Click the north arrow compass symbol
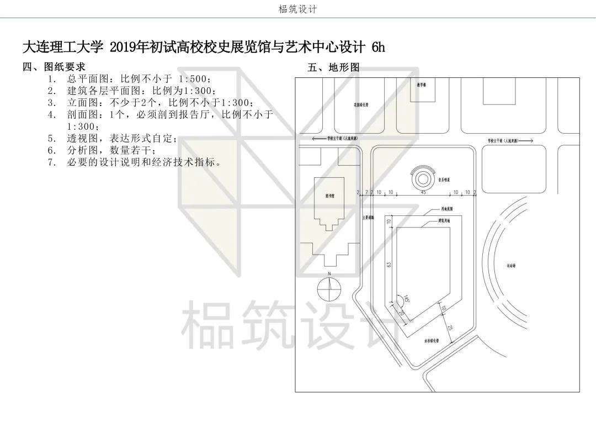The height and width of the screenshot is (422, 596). [x=329, y=286]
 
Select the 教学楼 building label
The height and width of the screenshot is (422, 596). [x=422, y=86]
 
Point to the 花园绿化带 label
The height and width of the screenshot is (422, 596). [x=361, y=103]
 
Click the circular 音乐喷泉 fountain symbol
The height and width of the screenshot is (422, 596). [x=422, y=178]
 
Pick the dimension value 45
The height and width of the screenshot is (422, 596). [x=423, y=192]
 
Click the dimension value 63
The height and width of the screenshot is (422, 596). [x=389, y=265]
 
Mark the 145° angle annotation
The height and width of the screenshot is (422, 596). [x=407, y=300]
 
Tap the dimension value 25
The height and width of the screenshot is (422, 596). [x=450, y=328]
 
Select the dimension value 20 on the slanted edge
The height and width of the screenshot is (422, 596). [x=401, y=312]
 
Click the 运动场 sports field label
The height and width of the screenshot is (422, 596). [x=511, y=265]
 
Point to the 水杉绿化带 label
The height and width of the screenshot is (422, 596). [x=430, y=341]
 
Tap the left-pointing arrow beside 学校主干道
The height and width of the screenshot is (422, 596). [x=318, y=139]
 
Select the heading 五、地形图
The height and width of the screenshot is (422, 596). [x=333, y=68]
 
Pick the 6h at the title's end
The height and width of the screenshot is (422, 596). [x=378, y=48]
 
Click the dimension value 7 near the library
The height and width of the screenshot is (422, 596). [x=366, y=192]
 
